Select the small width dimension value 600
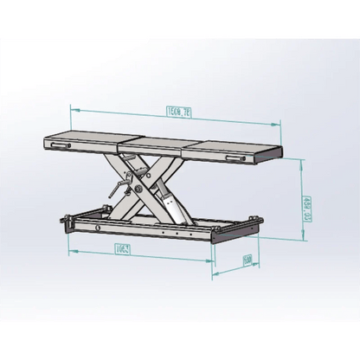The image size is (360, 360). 247,260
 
